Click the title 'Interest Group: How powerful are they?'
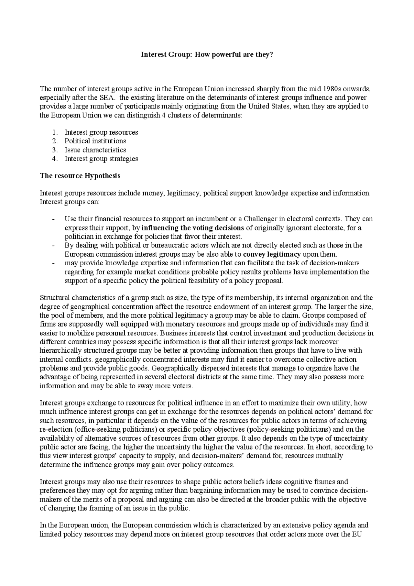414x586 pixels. tap(207, 55)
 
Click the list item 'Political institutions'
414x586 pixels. tap(95, 141)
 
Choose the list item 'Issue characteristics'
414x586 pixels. tap(95, 150)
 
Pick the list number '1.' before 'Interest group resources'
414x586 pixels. tap(55, 132)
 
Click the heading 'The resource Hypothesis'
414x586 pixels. tap(80, 176)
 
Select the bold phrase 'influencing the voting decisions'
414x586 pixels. tap(193, 228)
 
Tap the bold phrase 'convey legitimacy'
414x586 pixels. tap(272, 254)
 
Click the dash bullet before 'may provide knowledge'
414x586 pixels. tap(53, 263)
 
